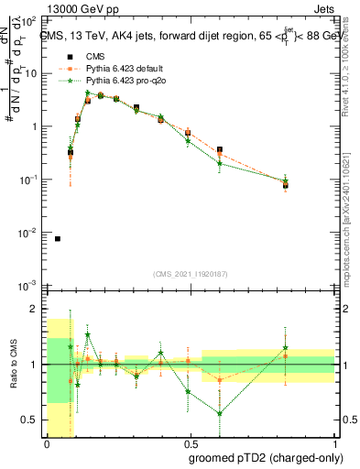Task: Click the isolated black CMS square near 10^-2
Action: point(58,239)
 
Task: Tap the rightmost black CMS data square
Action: point(286,186)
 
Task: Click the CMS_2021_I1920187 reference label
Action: point(192,274)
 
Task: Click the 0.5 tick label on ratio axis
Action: point(33,420)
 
